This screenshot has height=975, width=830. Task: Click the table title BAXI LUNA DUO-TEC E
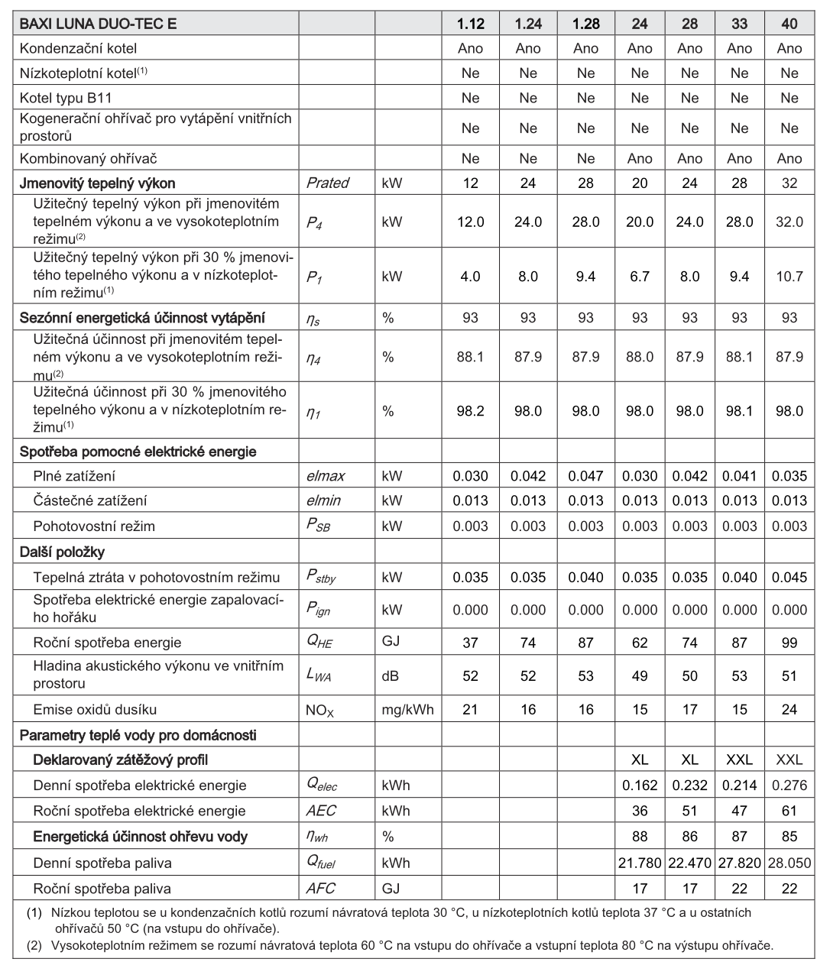pos(98,24)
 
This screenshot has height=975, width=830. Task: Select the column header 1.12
pos(471,24)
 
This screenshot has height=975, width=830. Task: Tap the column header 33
pos(739,24)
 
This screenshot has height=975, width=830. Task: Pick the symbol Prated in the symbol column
pos(327,183)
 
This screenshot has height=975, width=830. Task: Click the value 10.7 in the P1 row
pos(789,276)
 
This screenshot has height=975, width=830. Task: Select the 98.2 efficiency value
pos(471,411)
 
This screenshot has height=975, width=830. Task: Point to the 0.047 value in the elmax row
pos(585,476)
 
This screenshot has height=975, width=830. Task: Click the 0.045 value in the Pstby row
pos(789,577)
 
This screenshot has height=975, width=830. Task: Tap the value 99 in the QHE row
pos(789,643)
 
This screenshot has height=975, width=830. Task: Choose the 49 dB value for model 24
pos(640,675)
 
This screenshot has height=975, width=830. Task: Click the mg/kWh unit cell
pos(407,709)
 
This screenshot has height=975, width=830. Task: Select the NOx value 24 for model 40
pos(789,709)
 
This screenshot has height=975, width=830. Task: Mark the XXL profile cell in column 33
pos(739,760)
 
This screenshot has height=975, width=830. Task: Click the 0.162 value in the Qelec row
pos(640,785)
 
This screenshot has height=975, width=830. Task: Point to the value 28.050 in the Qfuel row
pos(789,863)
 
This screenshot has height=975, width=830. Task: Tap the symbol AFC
pos(320,889)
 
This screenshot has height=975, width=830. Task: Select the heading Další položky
pos(63,552)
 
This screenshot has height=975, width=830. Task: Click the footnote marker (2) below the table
pos(34,945)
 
